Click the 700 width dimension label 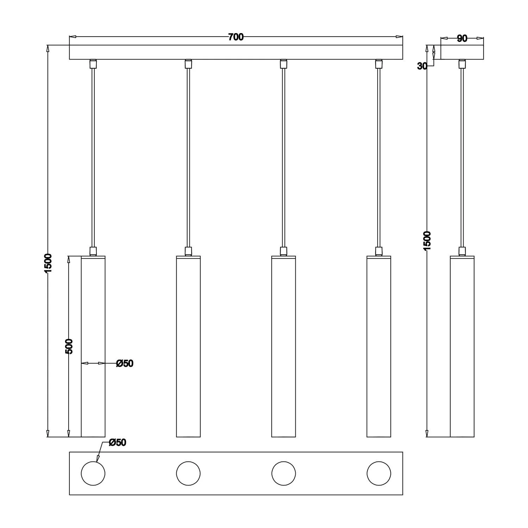click(236, 37)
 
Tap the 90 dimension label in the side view click(462, 39)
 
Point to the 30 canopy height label click(422, 66)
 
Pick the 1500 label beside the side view click(427, 241)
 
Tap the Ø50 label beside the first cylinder click(125, 364)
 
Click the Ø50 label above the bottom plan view click(117, 442)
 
